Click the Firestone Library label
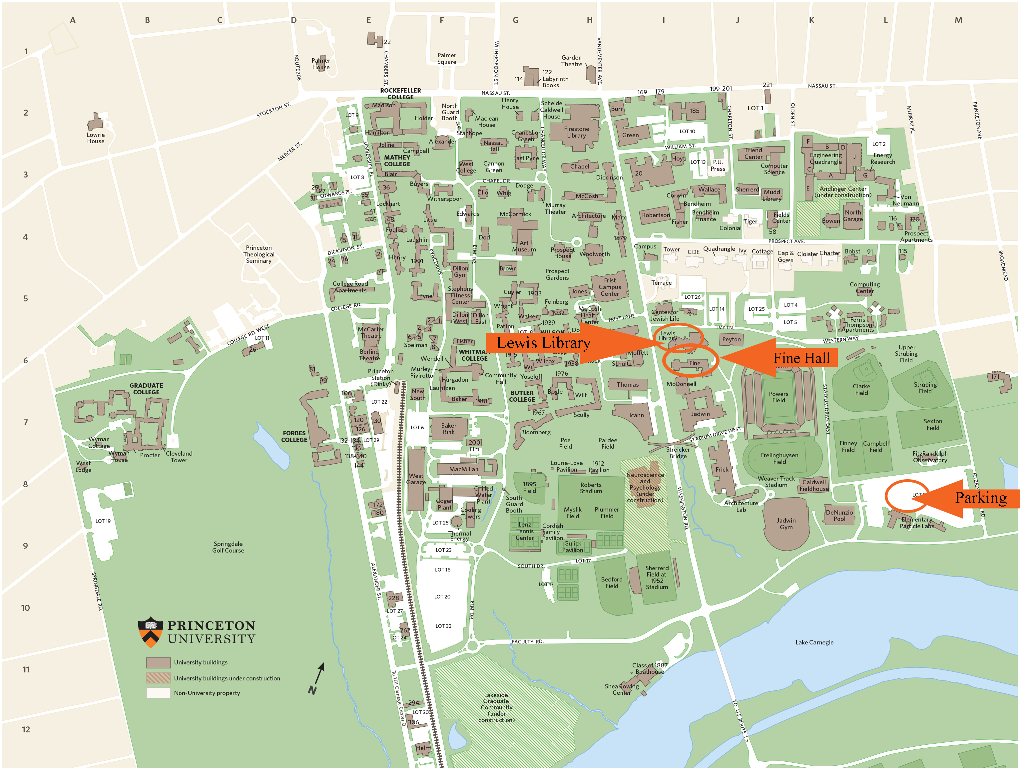pos(576,132)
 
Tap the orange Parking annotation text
pos(980,498)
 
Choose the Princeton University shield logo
pos(150,632)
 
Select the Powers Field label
pos(778,397)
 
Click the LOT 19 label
pos(103,521)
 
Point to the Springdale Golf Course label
pos(228,547)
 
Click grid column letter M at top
pos(958,20)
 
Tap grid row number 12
pos(26,729)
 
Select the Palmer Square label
pos(446,59)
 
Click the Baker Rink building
pos(448,429)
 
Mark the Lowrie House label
pos(96,138)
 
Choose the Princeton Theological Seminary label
pos(259,254)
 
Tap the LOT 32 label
pos(443,626)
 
